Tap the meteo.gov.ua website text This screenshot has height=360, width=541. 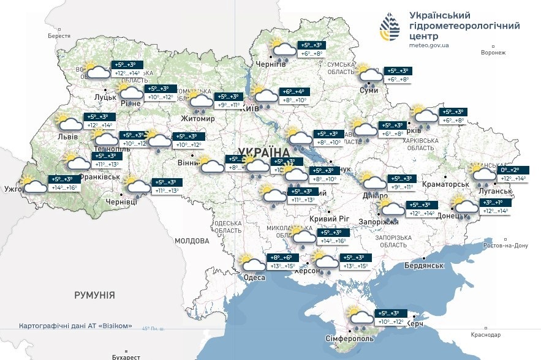click(x=430, y=45)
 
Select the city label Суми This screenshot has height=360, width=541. click(x=369, y=91)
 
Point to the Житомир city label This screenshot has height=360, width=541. click(x=198, y=118)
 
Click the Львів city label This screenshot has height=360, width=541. click(x=67, y=137)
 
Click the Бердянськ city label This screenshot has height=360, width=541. click(x=423, y=265)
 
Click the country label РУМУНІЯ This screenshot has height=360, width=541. click(x=94, y=295)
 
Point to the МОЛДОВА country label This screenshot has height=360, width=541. click(x=192, y=241)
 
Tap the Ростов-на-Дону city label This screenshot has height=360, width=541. click(x=505, y=246)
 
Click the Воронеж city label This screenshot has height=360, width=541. click(x=493, y=53)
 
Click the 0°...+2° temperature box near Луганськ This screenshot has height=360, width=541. click(x=512, y=170)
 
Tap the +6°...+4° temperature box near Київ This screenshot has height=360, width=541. click(x=293, y=91)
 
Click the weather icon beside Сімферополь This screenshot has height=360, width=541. click(x=360, y=316)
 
